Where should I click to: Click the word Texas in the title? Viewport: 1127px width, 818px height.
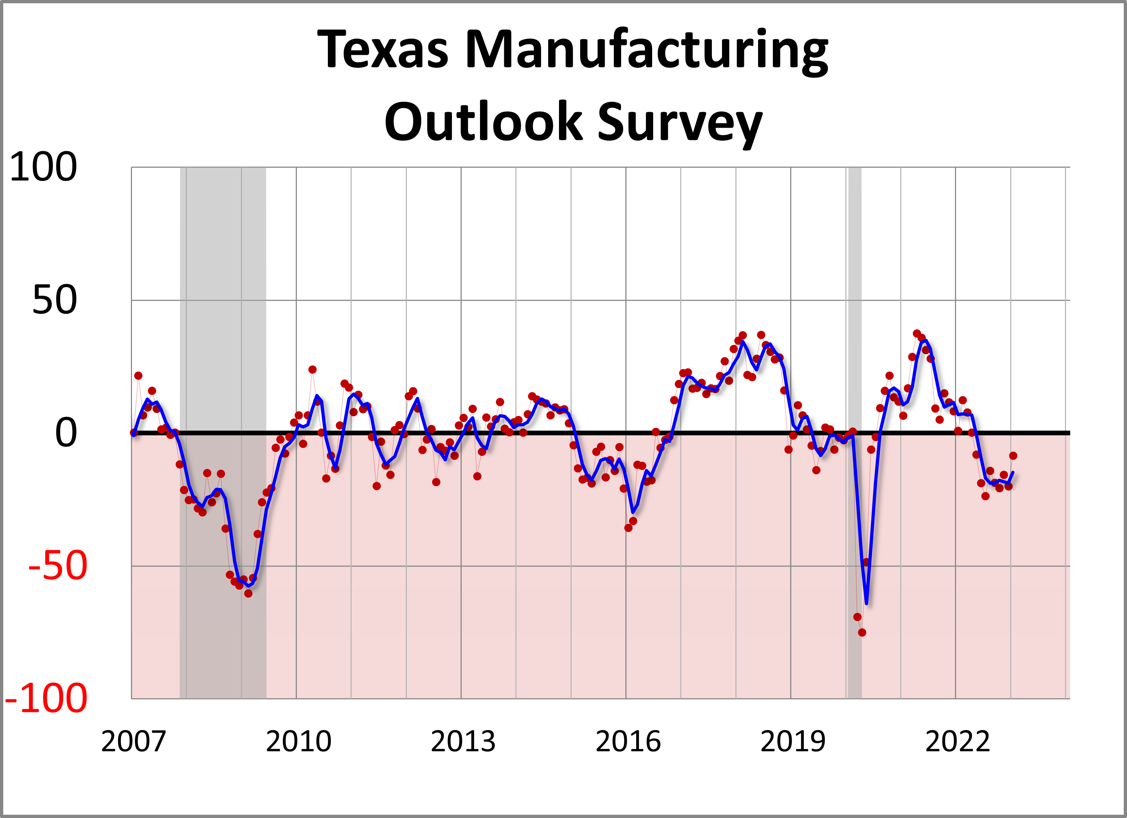(x=383, y=50)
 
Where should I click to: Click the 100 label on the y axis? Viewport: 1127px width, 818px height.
(x=43, y=167)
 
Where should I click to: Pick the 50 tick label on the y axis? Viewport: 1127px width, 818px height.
(x=55, y=300)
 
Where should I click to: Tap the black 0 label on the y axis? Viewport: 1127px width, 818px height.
(x=66, y=433)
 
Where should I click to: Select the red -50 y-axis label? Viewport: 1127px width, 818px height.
(x=58, y=566)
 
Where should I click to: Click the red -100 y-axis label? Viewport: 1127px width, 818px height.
(x=46, y=699)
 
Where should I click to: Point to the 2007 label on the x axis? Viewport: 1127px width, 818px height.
(x=133, y=742)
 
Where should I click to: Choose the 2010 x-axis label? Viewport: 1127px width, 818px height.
(x=298, y=742)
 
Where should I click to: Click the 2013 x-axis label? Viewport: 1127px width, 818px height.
(x=463, y=742)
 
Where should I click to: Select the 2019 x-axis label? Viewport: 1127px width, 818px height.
(x=793, y=742)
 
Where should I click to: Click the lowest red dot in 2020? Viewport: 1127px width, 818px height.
(x=862, y=633)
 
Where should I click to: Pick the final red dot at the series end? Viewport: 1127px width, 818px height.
(x=1013, y=456)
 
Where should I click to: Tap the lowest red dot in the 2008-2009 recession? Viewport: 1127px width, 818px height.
(x=248, y=593)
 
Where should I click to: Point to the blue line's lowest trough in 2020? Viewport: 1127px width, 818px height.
(x=867, y=603)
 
